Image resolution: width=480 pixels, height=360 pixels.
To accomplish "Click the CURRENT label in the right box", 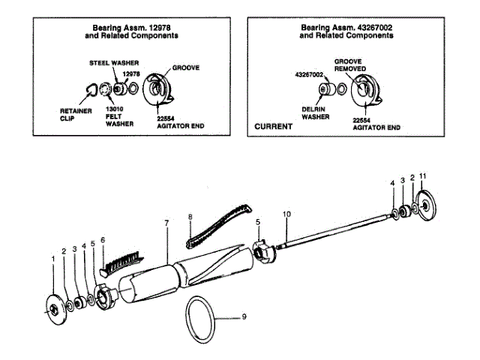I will pos(273,127).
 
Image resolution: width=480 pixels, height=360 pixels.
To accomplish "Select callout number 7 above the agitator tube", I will pos(166,223).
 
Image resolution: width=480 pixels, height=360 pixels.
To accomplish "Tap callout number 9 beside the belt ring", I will pos(244,318).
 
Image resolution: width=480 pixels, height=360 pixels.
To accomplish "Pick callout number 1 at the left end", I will pos(53,259).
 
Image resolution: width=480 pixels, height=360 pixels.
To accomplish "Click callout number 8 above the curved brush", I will pos(190,217).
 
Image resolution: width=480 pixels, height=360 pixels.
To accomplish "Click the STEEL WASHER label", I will pos(109,64).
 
